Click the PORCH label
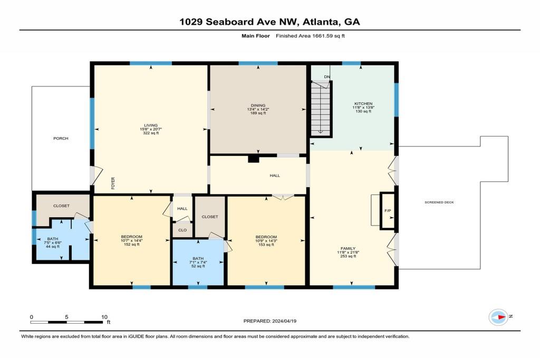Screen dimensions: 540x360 tap(61, 138)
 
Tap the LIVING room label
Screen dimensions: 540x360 tap(151, 125)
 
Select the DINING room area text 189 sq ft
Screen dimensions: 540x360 tap(258, 113)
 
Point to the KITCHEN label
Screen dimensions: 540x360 tap(363, 104)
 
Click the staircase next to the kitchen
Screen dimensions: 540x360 tap(321, 109)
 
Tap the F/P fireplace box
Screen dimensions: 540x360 tap(388, 211)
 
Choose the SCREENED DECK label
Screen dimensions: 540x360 tap(439, 202)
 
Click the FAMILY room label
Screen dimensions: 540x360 tap(348, 248)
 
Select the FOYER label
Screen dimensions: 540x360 tap(113, 183)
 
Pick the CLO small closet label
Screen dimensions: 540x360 tap(182, 230)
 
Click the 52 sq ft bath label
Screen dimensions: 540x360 tap(198, 266)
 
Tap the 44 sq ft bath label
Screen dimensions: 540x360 tap(53, 247)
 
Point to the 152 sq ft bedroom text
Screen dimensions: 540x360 tap(131, 245)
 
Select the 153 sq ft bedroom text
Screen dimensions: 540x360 tap(266, 245)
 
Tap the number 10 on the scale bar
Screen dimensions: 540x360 tap(104, 317)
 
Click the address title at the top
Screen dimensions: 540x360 tap(269, 22)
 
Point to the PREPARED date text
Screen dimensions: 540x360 tap(269, 321)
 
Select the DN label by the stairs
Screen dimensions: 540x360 tap(327, 77)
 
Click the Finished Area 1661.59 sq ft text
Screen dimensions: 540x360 tap(310, 36)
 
